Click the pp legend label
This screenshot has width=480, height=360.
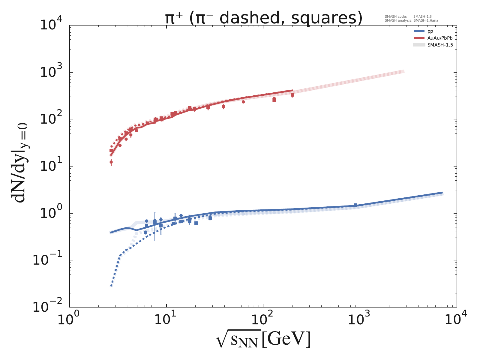tap(430, 31)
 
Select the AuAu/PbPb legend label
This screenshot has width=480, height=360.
tap(440, 38)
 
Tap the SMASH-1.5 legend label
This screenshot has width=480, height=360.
tap(440, 45)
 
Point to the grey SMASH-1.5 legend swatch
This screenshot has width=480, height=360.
tap(419, 45)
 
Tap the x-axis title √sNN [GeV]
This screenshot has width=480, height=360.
tap(263, 340)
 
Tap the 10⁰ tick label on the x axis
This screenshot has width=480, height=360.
tap(69, 319)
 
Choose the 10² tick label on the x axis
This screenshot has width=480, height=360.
tap(263, 319)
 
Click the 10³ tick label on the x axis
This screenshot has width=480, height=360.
tap(360, 319)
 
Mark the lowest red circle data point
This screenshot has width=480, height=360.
tap(111, 162)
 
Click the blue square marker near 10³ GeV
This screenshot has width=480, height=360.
tap(355, 205)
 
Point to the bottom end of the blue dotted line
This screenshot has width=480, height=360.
tap(111, 286)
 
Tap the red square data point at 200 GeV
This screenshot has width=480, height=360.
tap(292, 95)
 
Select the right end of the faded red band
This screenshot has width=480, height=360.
tap(404, 71)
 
